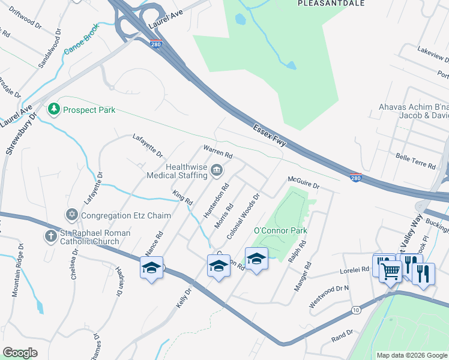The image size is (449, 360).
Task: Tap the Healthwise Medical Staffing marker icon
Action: point(216,172)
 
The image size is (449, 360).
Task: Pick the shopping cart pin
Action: point(390,271)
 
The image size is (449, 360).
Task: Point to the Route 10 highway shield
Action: point(357,310)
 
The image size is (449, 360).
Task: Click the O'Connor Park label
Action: point(280,230)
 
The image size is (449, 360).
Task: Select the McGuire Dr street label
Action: point(304,182)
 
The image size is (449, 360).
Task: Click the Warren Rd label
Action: point(217,151)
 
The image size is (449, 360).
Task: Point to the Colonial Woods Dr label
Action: point(243,216)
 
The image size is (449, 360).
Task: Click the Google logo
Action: point(20,353)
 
